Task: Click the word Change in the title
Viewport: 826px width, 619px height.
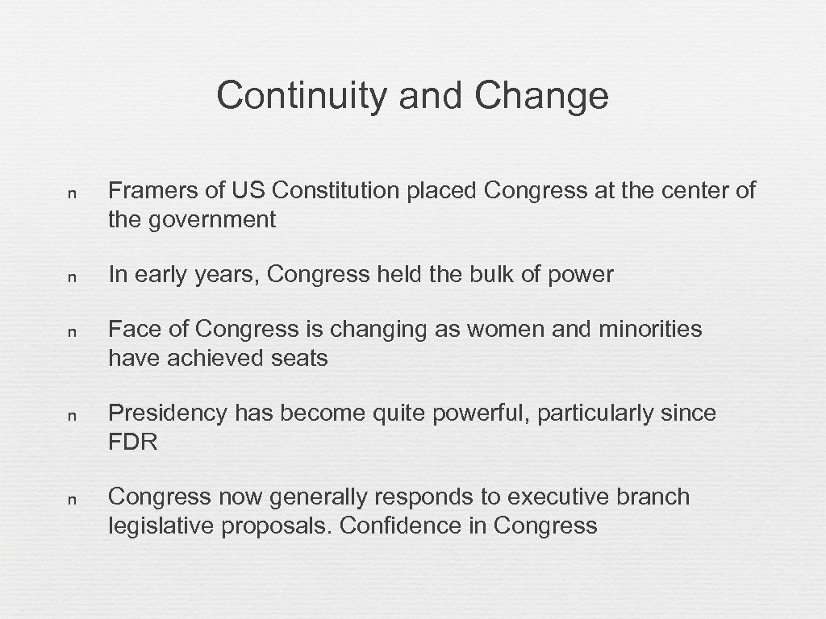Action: point(541,97)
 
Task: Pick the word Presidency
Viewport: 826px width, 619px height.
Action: point(168,413)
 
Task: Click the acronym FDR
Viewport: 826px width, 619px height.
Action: point(132,442)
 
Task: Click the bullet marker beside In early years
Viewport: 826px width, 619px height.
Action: point(72,277)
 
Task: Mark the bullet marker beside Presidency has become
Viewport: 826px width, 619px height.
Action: point(72,416)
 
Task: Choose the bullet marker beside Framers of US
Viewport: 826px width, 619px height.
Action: point(72,193)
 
